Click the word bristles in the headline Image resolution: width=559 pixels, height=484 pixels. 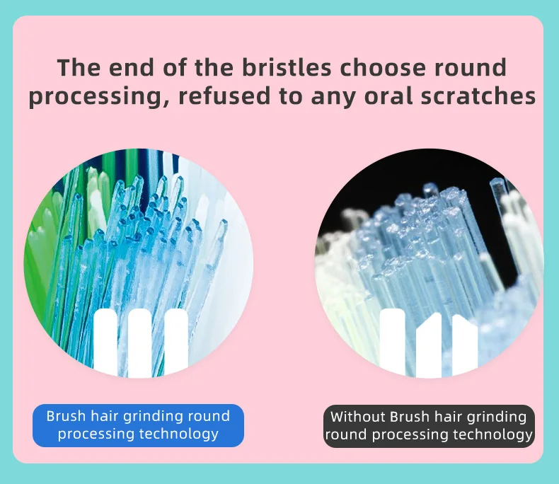287,67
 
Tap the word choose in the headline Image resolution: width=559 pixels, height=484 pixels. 384,67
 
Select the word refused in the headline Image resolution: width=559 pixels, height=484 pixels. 224,96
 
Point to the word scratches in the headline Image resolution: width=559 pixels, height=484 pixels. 478,96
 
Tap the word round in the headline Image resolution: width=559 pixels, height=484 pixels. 471,67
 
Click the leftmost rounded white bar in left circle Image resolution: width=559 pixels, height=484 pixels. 105,342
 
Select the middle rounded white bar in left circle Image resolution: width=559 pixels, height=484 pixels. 139,342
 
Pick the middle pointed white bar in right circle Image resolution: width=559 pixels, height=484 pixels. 429,345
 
